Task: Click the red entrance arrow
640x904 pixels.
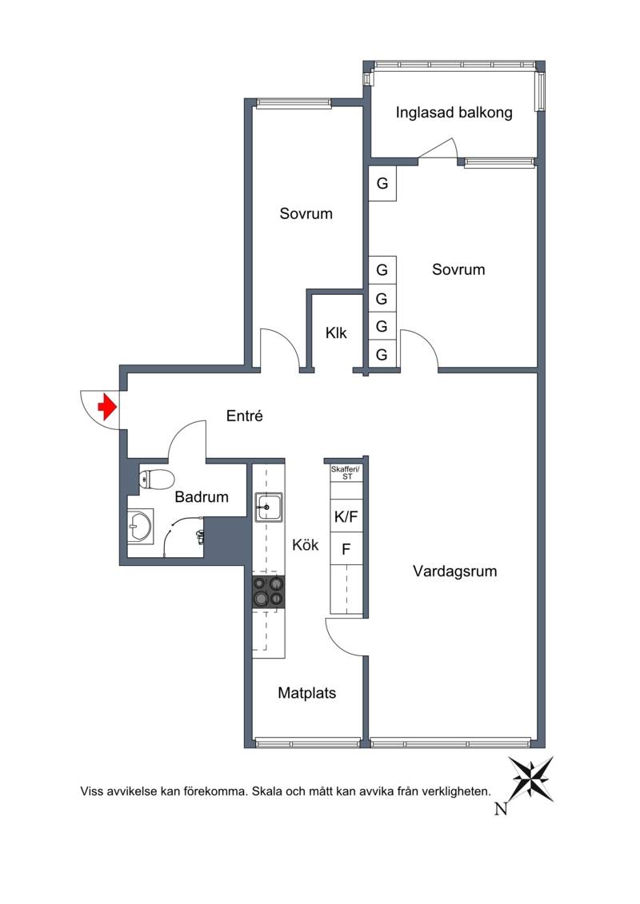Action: tap(107, 407)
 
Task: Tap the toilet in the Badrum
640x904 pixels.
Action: tap(156, 479)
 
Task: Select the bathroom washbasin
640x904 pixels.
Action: tap(140, 525)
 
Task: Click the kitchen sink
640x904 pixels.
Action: tap(268, 507)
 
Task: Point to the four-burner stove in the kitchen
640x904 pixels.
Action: tap(268, 591)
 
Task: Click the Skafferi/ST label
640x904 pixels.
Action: tap(345, 472)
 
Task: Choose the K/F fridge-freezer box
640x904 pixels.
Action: tap(346, 516)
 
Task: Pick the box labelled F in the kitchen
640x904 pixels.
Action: tap(346, 549)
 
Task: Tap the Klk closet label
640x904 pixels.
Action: tap(336, 333)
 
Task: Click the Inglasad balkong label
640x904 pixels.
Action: tap(454, 113)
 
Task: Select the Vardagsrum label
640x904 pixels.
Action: tap(454, 571)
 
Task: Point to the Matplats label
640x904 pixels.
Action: tap(307, 693)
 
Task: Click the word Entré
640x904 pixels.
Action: tap(245, 416)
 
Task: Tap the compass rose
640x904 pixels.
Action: tap(531, 779)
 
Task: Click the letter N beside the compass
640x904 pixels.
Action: tap(501, 809)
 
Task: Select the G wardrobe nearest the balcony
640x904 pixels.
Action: tap(382, 184)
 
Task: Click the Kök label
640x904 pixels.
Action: tap(306, 545)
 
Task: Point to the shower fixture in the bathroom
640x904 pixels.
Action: tap(199, 537)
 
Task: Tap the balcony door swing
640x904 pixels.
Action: tap(438, 148)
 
